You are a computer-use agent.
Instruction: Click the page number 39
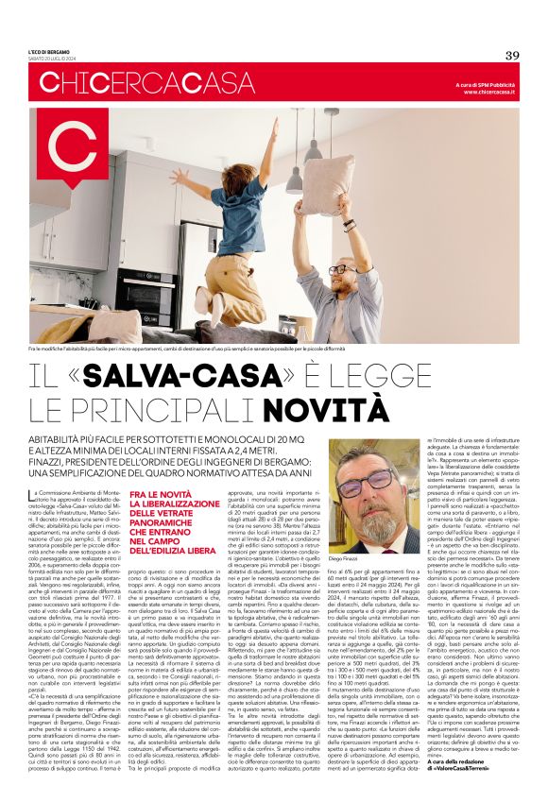click(x=512, y=55)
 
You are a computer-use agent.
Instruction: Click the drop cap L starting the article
click(x=35, y=496)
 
